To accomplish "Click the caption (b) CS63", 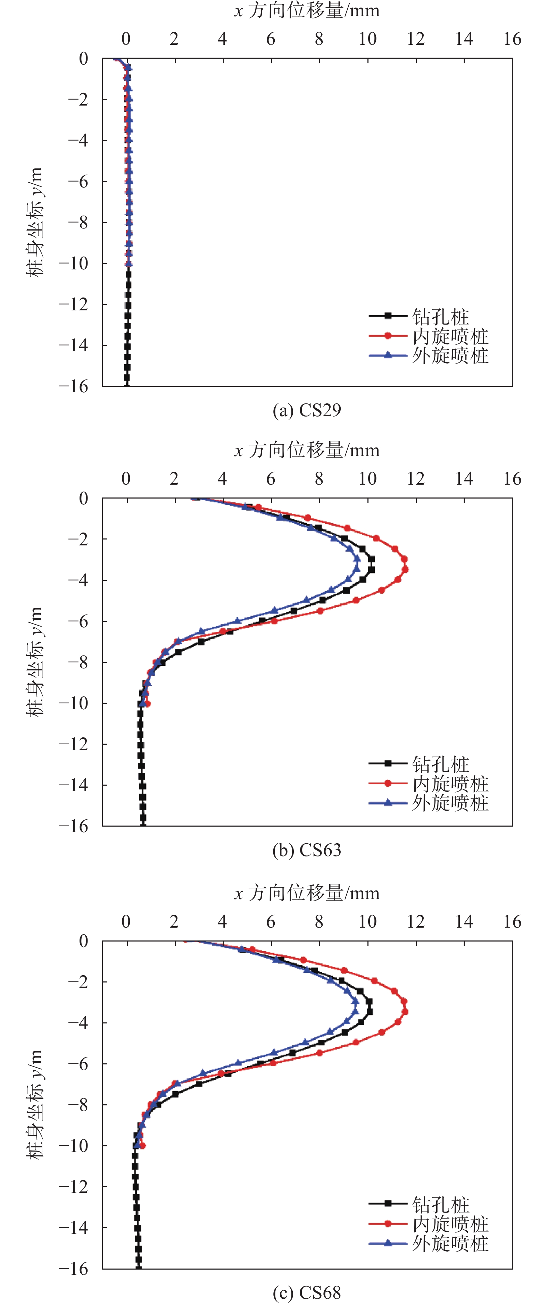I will [307, 850].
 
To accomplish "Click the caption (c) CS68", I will [307, 1293].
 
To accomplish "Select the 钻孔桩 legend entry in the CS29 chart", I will [440, 317].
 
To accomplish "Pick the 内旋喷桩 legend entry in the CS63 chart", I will [450, 784].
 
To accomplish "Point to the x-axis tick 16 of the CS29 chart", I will [512, 39].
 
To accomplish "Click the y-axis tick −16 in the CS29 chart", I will [74, 386].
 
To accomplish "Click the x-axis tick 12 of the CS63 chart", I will [416, 479].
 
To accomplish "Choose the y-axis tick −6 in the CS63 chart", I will [78, 621].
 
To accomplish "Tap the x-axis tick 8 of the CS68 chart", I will [319, 921].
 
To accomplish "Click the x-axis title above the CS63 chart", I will [307, 450].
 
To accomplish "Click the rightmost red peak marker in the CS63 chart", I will [405, 569].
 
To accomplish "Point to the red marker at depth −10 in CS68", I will [142, 1145].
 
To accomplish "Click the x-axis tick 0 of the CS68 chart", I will [126, 921].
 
